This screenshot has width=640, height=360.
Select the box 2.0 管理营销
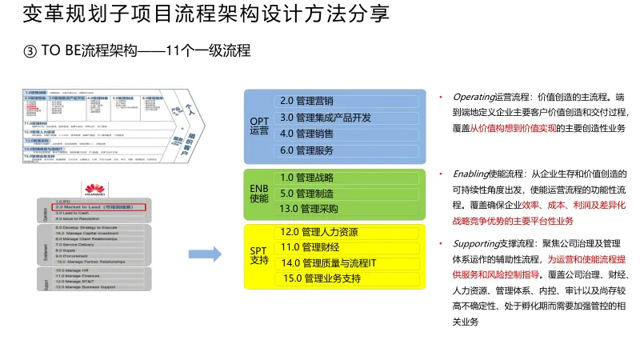(348, 101)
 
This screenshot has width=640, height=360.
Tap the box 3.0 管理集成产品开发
(348, 118)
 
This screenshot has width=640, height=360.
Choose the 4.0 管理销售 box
(348, 134)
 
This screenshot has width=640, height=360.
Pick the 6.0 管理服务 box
(348, 150)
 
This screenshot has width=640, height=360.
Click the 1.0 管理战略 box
(348, 178)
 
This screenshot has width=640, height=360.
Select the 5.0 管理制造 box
(348, 194)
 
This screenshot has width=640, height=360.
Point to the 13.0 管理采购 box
(348, 210)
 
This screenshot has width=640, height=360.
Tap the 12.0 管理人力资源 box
(348, 232)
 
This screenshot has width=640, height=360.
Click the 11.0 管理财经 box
(348, 247)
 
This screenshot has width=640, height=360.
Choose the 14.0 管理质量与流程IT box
(348, 263)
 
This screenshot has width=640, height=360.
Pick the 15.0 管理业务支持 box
(348, 279)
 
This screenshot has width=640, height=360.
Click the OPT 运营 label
(259, 126)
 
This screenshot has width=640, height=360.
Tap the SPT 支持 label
(259, 255)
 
